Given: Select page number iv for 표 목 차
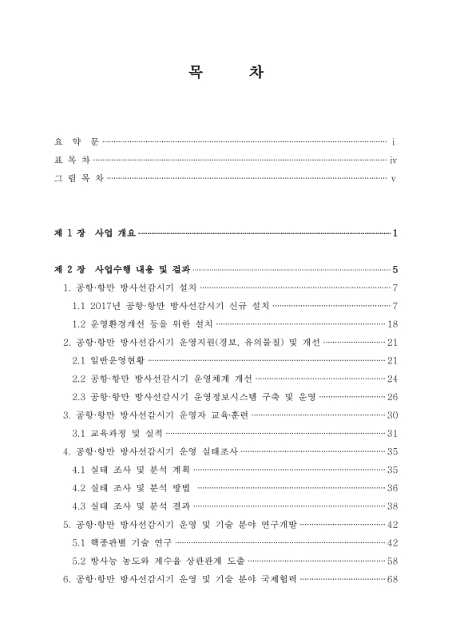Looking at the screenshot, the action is click(393, 160).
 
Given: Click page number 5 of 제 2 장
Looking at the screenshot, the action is click(395, 268).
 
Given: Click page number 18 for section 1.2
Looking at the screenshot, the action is click(392, 323).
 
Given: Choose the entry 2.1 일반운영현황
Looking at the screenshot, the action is click(110, 360).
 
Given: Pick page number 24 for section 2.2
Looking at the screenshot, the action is click(392, 379).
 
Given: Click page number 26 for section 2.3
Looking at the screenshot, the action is click(392, 397).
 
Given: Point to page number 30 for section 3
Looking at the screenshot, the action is click(392, 415).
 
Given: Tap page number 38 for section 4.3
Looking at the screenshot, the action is click(392, 506).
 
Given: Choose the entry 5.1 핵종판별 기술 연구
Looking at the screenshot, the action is click(120, 542).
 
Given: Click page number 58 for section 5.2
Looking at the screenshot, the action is click(392, 561).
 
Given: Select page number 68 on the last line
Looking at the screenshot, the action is click(392, 579).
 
